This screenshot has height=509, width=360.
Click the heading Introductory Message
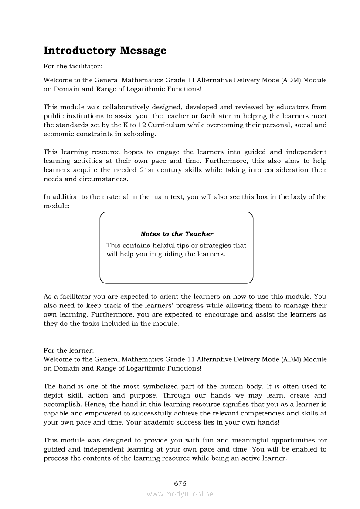click(x=105, y=51)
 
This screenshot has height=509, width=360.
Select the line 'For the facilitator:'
click(x=72, y=67)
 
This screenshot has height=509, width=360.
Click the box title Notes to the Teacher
click(x=177, y=234)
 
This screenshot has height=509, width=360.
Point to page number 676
click(x=180, y=484)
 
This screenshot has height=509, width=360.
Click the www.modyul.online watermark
click(x=180, y=494)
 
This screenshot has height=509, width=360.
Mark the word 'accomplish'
click(x=61, y=405)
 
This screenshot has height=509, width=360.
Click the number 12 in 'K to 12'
click(x=132, y=125)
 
